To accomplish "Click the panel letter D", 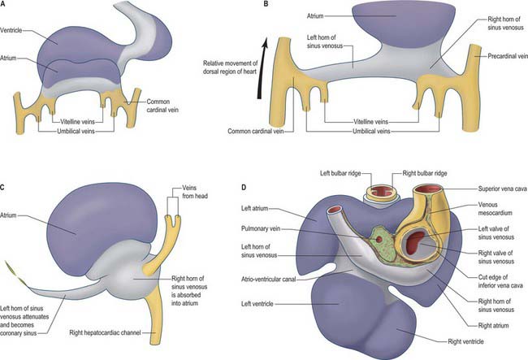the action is click(x=245, y=187).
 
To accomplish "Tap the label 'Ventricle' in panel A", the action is click(x=11, y=30).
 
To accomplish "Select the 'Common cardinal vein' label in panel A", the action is click(x=162, y=106).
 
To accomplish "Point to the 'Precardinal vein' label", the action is click(x=508, y=56).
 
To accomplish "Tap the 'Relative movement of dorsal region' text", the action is click(x=231, y=67).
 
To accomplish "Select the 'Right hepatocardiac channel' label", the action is click(x=105, y=332).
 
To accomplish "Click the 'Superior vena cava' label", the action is click(x=502, y=189).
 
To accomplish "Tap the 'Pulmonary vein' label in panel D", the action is click(x=260, y=228).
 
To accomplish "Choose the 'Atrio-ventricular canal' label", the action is click(x=268, y=280).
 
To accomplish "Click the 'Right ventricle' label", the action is click(x=465, y=341).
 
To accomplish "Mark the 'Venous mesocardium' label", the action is click(x=495, y=209).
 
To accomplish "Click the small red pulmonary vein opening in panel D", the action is click(x=379, y=240).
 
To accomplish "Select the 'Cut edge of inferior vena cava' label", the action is click(x=500, y=281).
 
